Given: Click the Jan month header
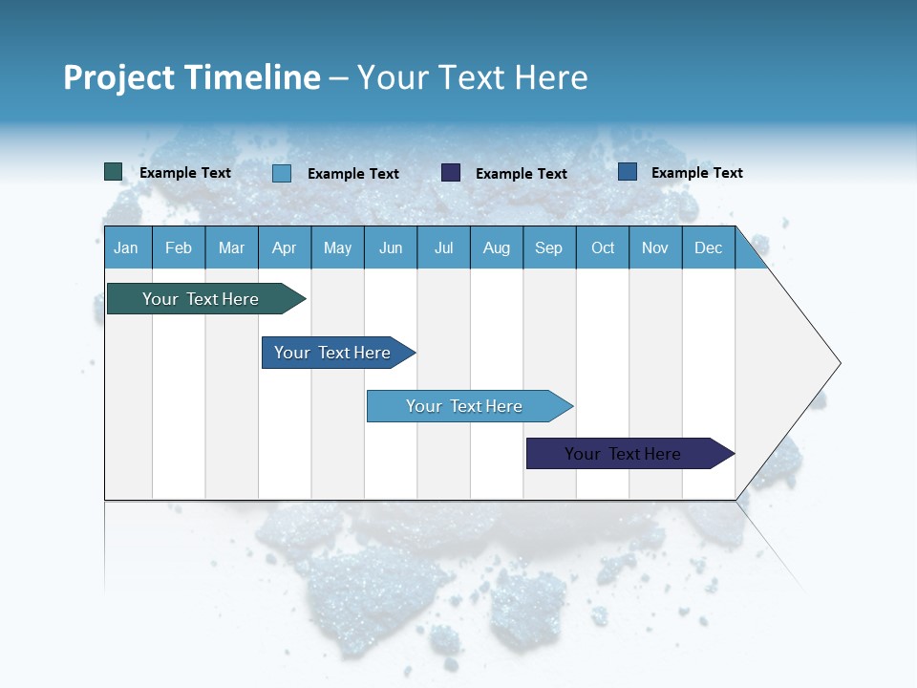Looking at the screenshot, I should (x=126, y=247).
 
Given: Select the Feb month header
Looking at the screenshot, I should (x=179, y=247).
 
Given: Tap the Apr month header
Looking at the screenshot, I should (x=284, y=247).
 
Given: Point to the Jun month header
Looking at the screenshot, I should (x=391, y=247).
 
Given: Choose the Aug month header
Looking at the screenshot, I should (x=496, y=247).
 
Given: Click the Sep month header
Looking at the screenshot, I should (x=548, y=247).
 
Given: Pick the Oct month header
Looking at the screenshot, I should (x=603, y=247).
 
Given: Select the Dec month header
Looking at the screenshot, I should (x=708, y=247).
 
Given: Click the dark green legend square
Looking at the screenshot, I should (x=113, y=172).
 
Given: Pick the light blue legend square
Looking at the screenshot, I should (x=281, y=173).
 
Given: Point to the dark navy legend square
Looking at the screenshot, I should (x=451, y=172).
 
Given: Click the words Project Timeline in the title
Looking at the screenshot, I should (x=191, y=77).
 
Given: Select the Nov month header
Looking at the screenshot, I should (x=655, y=247).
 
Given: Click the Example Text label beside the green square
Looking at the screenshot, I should (x=185, y=173).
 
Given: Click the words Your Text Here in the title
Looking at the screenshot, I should (x=472, y=77).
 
